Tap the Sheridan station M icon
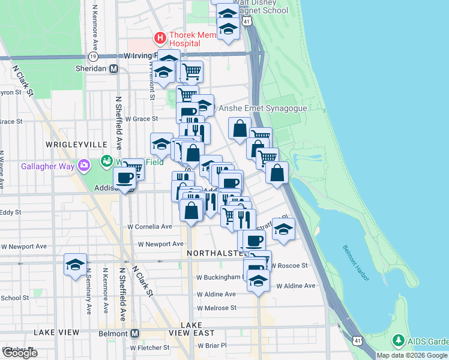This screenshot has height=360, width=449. coord(113,68)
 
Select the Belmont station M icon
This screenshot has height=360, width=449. coord(134,333)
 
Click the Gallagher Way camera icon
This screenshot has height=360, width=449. coord(85,164)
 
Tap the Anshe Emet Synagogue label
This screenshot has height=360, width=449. coord(262,109)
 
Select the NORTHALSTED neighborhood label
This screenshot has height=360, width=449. coord(215,253)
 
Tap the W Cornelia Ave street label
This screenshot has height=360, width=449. coord(149,227)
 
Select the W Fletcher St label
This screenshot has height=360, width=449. coord(149,347)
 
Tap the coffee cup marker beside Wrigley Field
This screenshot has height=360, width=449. coord(125,178)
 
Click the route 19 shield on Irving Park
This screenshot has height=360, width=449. coord(92,56)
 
